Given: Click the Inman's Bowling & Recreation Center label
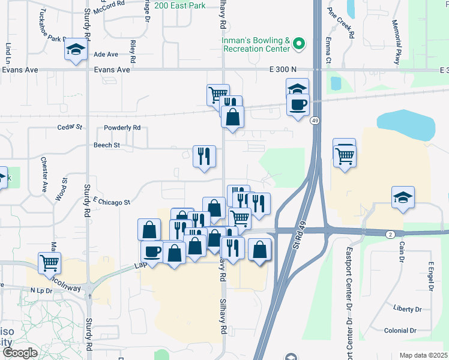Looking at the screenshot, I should click(256, 45).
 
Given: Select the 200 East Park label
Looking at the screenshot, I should click(179, 5).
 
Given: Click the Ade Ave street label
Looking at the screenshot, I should click(106, 55).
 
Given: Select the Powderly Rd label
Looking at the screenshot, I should click(122, 127).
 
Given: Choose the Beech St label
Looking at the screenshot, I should click(107, 145).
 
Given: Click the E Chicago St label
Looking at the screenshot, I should click(112, 202).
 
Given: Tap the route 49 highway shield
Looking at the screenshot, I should click(315, 121).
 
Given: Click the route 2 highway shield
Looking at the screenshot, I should click(390, 233).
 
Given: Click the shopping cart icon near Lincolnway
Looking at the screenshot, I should click(49, 262).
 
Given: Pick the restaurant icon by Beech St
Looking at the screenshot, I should click(204, 156).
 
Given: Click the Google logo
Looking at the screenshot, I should click(20, 353).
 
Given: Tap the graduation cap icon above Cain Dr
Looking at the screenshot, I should click(403, 197).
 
